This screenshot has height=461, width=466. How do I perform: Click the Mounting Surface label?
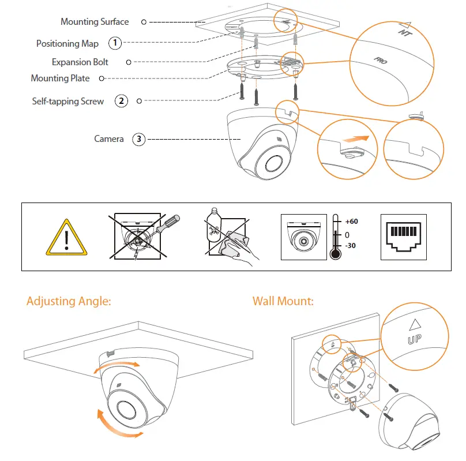click(x=95, y=22)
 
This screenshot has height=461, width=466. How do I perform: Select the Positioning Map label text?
click(x=67, y=44)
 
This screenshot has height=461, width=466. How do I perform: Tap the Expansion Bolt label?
click(x=80, y=62)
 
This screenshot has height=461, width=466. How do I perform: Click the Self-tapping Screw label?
click(x=68, y=102)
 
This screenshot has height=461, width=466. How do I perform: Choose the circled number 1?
click(x=116, y=43)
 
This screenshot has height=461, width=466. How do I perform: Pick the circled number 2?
click(x=121, y=102)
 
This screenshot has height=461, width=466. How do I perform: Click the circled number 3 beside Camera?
click(x=138, y=139)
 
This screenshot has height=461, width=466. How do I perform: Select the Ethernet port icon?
click(x=404, y=237)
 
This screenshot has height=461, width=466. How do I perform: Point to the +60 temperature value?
click(x=351, y=222)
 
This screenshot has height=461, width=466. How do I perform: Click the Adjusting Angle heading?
click(x=69, y=301)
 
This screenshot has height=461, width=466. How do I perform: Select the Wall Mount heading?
click(x=283, y=301)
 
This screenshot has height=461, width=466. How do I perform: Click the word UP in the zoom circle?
click(x=414, y=340)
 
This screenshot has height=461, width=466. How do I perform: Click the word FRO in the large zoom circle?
click(x=379, y=59)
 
